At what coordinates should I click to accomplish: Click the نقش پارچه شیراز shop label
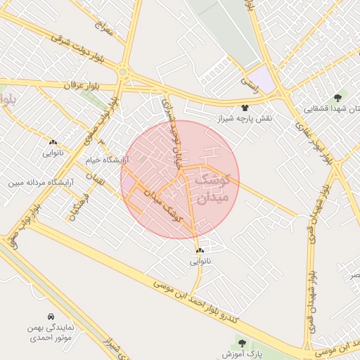(x=244, y=118)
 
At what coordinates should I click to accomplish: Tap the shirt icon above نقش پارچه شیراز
(x=244, y=108)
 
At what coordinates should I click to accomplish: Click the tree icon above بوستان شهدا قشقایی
(x=338, y=98)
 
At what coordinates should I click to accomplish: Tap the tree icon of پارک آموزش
(x=243, y=343)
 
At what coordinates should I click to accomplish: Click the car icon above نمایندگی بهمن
(x=51, y=317)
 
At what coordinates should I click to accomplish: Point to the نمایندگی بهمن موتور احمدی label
(x=51, y=333)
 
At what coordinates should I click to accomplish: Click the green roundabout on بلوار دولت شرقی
(x=123, y=71)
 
